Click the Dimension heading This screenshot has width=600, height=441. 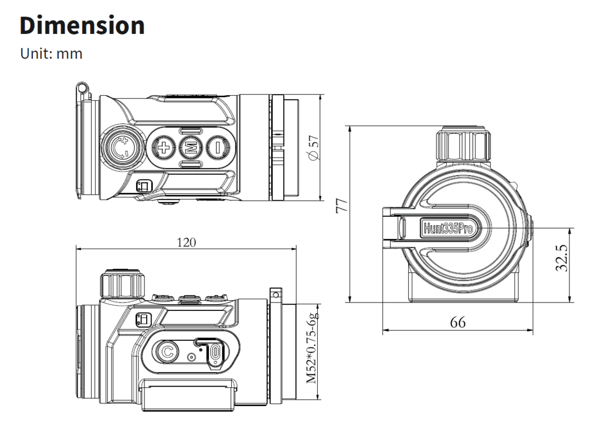point(82,26)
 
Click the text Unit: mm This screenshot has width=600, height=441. point(51,54)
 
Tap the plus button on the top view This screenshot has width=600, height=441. point(164,148)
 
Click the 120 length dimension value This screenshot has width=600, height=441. point(186,242)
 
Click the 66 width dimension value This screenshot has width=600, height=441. point(458,322)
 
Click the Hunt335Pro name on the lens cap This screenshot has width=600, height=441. point(448,229)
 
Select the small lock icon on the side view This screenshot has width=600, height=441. point(143,320)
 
